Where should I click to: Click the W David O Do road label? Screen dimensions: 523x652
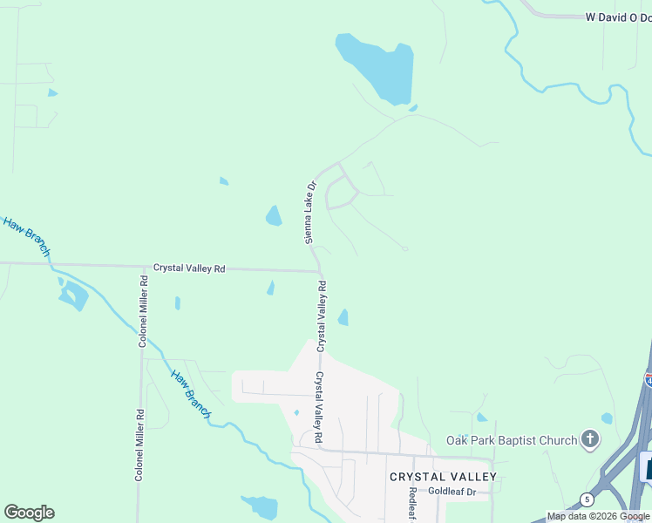pyautogui.click(x=618, y=17)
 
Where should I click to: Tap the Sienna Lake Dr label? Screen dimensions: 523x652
pyautogui.click(x=309, y=212)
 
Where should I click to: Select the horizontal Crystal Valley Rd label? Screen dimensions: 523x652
pyautogui.click(x=189, y=268)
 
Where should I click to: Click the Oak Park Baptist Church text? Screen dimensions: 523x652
pyautogui.click(x=512, y=440)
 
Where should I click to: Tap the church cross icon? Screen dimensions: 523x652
pyautogui.click(x=590, y=438)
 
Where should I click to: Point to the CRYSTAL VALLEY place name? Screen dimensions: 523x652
pyautogui.click(x=443, y=477)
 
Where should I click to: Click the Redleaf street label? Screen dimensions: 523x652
pyautogui.click(x=412, y=504)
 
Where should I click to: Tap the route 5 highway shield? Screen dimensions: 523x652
pyautogui.click(x=587, y=499)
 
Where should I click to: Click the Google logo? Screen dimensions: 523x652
pyautogui.click(x=29, y=513)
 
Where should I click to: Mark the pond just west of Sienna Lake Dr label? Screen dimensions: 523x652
pyautogui.click(x=274, y=215)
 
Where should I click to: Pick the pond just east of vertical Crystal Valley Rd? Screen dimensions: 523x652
pyautogui.click(x=343, y=317)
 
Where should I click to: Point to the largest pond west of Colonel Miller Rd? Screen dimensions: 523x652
pyautogui.click(x=73, y=296)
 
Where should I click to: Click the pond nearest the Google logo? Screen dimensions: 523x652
pyautogui.click(x=261, y=507)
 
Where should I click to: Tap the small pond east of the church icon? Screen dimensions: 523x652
pyautogui.click(x=607, y=418)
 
